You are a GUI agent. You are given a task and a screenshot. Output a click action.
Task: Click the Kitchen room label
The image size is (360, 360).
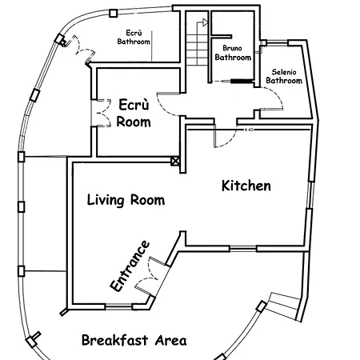(x=246, y=186)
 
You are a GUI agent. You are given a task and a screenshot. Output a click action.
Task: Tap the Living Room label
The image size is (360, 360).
(x=126, y=200)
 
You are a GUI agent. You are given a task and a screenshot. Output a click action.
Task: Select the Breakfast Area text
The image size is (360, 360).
(x=134, y=340)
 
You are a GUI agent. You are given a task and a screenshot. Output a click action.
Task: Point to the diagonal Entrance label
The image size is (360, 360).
(x=130, y=266)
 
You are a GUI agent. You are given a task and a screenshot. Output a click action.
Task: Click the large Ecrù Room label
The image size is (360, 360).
(x=134, y=113)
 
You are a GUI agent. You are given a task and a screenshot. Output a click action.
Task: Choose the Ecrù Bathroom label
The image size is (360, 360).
(x=134, y=38)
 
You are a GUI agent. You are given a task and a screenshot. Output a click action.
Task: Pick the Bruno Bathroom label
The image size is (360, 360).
(x=233, y=53)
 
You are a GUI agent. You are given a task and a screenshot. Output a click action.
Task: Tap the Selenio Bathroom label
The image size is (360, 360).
(x=284, y=76)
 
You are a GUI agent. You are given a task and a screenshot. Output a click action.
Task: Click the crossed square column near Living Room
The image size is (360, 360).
(x=175, y=161)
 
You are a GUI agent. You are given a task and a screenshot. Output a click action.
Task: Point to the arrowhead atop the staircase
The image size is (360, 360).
(x=205, y=22)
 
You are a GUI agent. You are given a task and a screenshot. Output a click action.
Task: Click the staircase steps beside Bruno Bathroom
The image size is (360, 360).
(x=197, y=50)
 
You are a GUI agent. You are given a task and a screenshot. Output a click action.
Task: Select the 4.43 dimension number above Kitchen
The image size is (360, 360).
(x=249, y=130)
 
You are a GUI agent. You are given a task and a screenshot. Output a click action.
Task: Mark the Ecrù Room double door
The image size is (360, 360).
(x=103, y=113)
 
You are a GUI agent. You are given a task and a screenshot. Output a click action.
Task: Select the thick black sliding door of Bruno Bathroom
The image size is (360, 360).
(x=242, y=81)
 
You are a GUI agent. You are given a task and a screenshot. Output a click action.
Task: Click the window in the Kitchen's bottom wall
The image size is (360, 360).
(x=242, y=249)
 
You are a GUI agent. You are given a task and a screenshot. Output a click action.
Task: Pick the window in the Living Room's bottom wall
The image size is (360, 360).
(x=118, y=307)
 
